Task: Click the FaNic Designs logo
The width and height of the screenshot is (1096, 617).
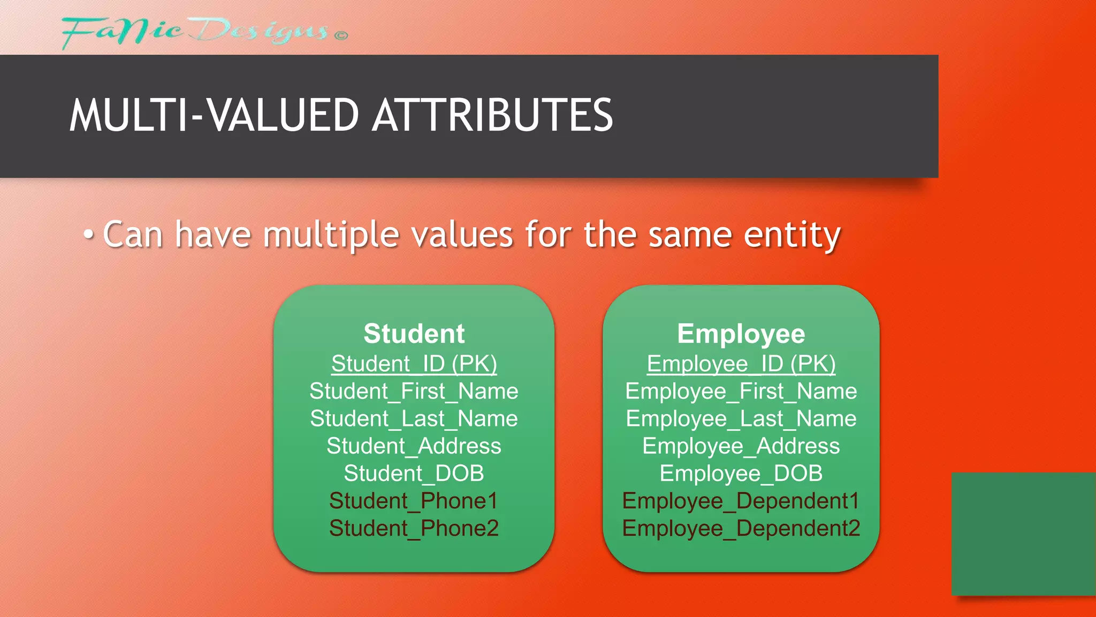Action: [x=203, y=32]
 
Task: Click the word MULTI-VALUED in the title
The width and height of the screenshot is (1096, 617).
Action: [x=214, y=115]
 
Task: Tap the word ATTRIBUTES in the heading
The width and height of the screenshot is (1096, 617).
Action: [x=492, y=115]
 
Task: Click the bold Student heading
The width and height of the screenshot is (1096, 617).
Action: [x=414, y=334]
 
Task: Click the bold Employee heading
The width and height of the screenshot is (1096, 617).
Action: [x=741, y=334]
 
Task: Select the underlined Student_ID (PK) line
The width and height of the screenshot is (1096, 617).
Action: [x=414, y=364]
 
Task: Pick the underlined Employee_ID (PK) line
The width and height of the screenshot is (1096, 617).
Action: [x=741, y=364]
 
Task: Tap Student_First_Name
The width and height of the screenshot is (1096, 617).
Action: [x=414, y=392]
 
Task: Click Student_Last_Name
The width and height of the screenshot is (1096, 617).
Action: [x=414, y=419]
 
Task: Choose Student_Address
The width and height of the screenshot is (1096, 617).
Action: [x=414, y=446]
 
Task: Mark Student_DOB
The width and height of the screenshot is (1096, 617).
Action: [x=414, y=473]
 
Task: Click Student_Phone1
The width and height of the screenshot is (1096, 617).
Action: [x=414, y=501]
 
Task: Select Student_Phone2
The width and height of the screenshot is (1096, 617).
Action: [x=414, y=528]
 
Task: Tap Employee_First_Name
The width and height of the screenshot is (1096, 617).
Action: [x=741, y=392]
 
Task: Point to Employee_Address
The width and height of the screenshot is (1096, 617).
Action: [x=741, y=446]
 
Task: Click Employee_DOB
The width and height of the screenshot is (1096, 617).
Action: [x=741, y=473]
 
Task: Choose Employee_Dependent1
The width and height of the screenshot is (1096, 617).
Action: [x=741, y=501]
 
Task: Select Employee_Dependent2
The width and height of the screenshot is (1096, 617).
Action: [x=741, y=528]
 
